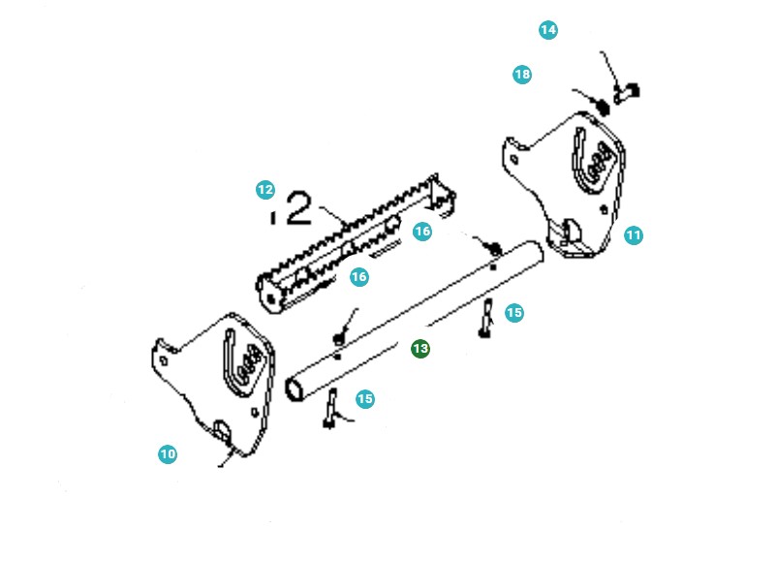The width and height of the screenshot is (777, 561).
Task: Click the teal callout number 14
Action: (548, 30)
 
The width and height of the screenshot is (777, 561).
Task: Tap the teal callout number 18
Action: (522, 75)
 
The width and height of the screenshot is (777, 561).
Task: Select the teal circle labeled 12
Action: (265, 190)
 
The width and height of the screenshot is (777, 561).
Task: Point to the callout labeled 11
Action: (634, 234)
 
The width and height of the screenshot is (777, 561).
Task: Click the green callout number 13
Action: (420, 348)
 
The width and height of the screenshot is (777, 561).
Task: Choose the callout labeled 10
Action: (169, 453)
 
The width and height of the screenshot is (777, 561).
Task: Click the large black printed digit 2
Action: (299, 208)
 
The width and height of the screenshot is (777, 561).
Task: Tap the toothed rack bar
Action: (349, 242)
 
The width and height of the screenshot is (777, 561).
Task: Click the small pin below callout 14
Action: (627, 93)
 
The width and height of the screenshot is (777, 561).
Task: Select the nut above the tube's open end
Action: (338, 337)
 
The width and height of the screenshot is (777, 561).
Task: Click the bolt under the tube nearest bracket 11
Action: (485, 320)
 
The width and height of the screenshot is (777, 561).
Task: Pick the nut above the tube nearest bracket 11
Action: (490, 247)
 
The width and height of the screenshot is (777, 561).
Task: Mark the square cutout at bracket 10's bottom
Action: (222, 429)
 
